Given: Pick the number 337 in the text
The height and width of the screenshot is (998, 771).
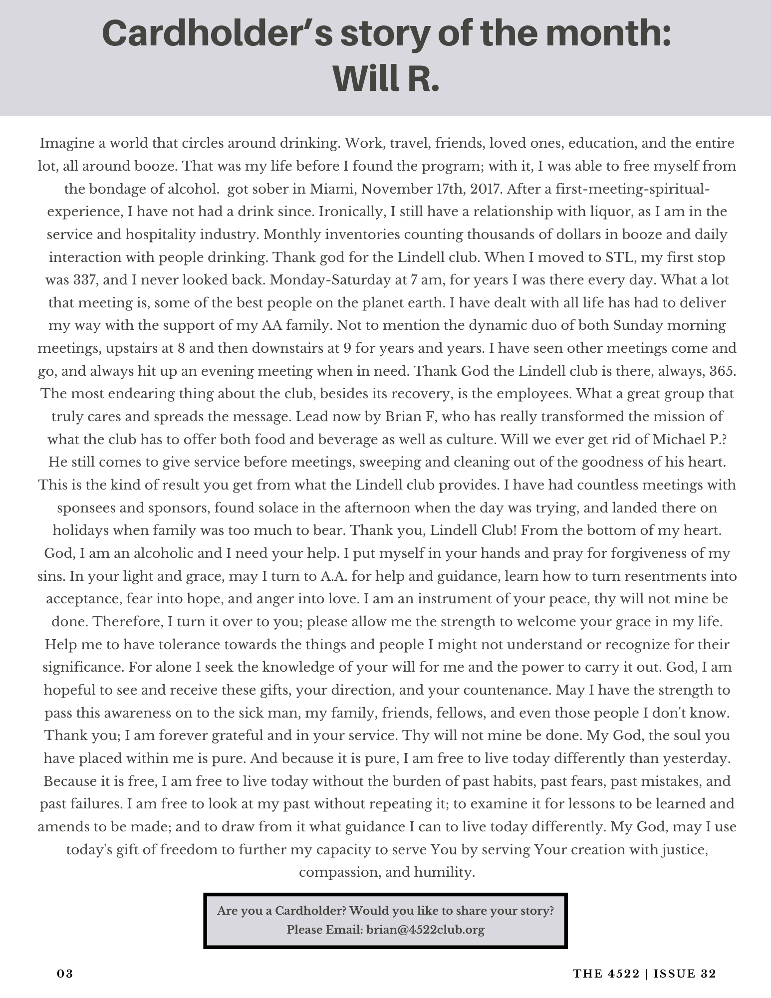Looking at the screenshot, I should tap(72, 280).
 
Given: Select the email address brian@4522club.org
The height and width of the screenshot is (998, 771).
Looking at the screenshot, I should tap(425, 930).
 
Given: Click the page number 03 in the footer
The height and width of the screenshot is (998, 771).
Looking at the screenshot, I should tap(65, 974).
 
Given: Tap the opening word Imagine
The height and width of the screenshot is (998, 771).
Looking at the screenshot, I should tap(67, 144).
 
